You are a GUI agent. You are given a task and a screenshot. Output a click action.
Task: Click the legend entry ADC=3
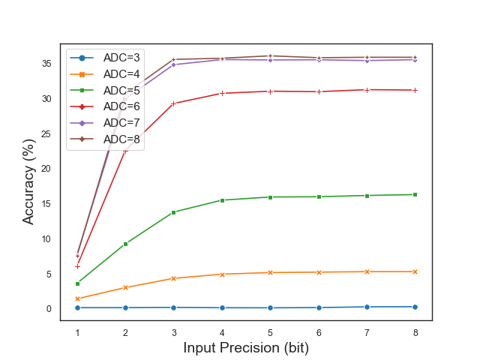click(x=121, y=57)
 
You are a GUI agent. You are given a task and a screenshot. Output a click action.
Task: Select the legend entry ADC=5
click(x=121, y=90)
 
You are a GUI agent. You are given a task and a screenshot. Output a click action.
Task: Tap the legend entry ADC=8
click(x=121, y=139)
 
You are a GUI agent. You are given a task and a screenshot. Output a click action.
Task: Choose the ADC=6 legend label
click(x=121, y=106)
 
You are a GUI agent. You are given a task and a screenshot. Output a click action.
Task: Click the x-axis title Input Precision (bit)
click(x=246, y=348)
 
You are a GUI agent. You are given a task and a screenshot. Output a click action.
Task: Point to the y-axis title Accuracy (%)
click(x=28, y=181)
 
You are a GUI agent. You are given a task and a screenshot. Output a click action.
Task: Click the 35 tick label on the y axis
click(x=46, y=64)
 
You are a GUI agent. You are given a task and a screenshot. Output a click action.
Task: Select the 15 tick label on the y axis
click(x=46, y=204)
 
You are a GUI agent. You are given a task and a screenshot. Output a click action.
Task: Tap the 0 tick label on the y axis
click(x=49, y=309)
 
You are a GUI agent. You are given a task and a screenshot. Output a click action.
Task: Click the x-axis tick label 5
click(x=271, y=332)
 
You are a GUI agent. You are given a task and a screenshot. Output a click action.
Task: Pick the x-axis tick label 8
click(x=415, y=332)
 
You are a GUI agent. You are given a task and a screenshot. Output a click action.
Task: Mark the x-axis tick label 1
click(x=77, y=332)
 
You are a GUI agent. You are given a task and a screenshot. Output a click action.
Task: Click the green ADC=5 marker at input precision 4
click(x=222, y=200)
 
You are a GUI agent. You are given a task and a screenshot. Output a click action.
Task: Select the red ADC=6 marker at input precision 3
click(x=174, y=103)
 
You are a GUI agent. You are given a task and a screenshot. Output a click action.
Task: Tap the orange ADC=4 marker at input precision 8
click(x=415, y=271)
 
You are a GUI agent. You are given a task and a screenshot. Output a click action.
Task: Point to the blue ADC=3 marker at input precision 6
click(x=319, y=307)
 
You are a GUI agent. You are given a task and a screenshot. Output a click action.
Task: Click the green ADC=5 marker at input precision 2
click(x=125, y=244)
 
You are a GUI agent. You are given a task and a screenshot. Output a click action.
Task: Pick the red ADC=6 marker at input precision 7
click(x=367, y=90)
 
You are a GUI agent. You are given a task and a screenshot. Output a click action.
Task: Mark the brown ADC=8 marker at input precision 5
click(x=271, y=55)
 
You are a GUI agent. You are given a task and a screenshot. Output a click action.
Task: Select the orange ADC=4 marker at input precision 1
click(x=77, y=298)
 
